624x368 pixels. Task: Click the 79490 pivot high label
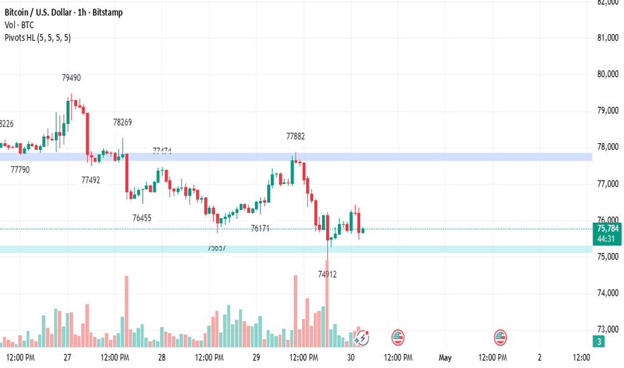(72, 78)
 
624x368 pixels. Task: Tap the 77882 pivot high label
(295, 136)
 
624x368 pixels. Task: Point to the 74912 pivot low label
(327, 274)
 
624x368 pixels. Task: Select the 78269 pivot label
(123, 122)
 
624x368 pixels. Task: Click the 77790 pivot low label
(20, 170)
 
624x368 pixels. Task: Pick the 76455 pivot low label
(142, 218)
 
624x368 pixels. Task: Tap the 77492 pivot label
(90, 180)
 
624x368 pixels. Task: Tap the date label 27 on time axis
(68, 358)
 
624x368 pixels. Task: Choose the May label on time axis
(445, 358)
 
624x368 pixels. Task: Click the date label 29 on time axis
(256, 358)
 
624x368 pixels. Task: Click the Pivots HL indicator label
(37, 38)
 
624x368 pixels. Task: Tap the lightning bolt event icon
(363, 338)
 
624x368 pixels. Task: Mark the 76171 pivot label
(260, 229)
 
